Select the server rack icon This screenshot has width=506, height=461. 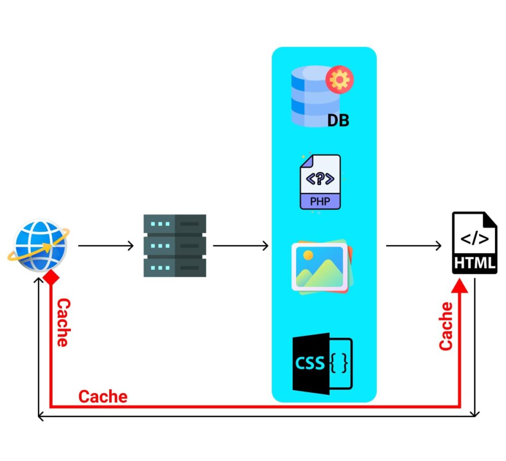175,245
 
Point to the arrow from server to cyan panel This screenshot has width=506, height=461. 240,246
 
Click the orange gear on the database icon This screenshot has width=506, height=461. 340,80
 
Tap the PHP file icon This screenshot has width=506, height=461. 320,182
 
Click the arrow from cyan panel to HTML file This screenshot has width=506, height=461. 413,246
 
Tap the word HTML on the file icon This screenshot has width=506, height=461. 475,263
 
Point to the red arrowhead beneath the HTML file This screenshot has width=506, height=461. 460,286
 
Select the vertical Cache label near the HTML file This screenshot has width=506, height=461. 446,326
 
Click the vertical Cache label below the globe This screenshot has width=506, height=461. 62,322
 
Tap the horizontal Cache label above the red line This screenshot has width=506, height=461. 103,396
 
